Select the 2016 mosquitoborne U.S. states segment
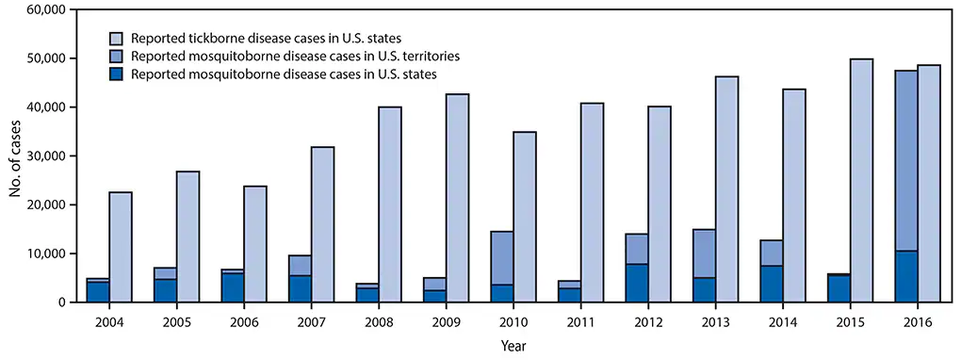[x=905, y=276]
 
